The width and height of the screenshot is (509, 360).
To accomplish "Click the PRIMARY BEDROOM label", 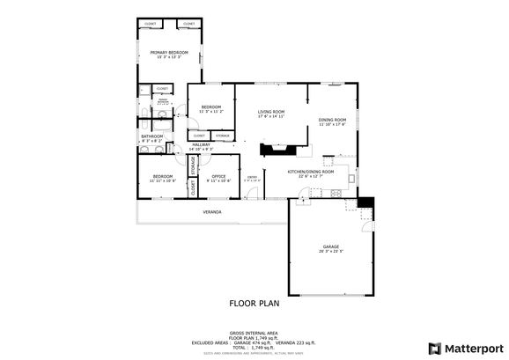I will (x=169, y=54).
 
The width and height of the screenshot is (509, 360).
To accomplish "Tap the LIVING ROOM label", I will (x=270, y=113).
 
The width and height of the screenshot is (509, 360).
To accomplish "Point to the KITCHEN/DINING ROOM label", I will (x=310, y=173).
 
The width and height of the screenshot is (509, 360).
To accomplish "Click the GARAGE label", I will (x=330, y=247).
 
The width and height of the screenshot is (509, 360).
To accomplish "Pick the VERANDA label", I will (x=211, y=212).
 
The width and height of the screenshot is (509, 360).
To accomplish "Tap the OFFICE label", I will (x=218, y=177).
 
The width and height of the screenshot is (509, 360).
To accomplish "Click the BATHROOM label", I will (x=152, y=137).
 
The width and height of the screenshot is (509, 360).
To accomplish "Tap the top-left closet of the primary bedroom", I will (x=151, y=24).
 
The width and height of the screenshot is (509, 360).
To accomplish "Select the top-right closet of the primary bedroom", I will (x=189, y=24).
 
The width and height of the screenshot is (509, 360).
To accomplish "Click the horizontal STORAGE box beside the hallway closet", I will (x=223, y=136).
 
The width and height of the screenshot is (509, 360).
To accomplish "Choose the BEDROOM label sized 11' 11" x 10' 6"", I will (x=163, y=178).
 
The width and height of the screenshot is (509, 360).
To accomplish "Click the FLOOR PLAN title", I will (x=254, y=303).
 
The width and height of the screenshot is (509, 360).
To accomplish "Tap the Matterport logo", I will (x=459, y=347).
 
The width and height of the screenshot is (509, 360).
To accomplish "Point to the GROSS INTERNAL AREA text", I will (x=254, y=332).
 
